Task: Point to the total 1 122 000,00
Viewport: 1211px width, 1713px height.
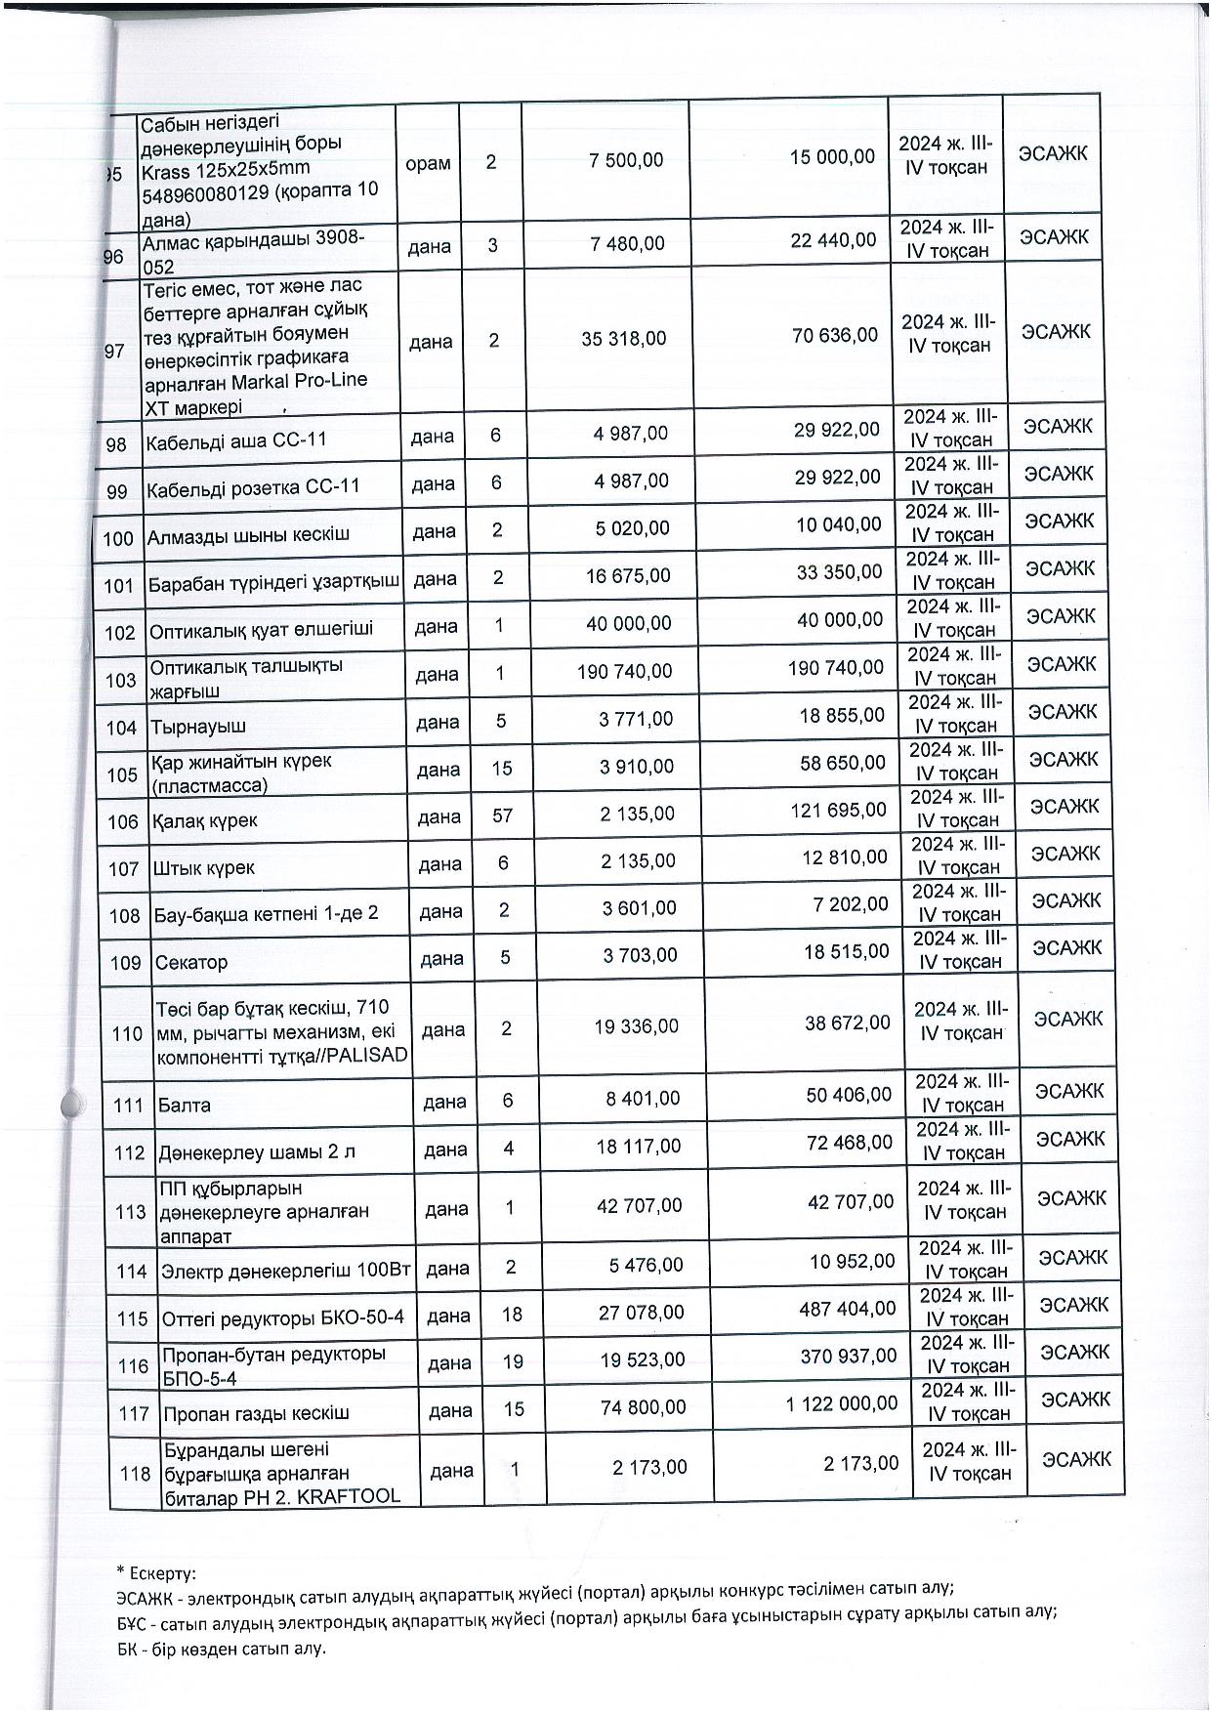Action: click(x=842, y=1403)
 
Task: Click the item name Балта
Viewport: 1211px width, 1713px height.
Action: click(x=185, y=1106)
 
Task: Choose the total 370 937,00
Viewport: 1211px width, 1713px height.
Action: click(x=848, y=1356)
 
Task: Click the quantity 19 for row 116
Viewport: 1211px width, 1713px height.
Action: click(x=513, y=1360)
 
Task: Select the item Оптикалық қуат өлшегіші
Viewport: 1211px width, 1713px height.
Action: click(x=261, y=631)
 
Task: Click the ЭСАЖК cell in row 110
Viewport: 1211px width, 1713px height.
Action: click(x=1067, y=1019)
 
